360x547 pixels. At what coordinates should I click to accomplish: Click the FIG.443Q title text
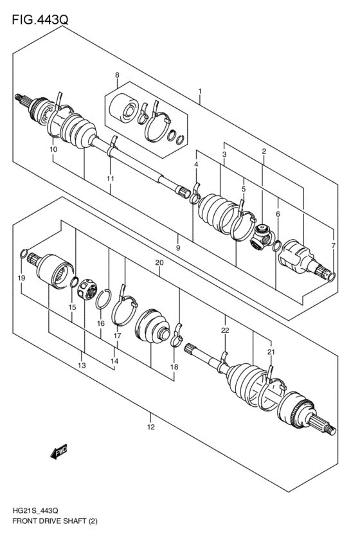40,21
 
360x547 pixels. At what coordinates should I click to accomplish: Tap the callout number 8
116,76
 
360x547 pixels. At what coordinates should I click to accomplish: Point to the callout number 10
53,150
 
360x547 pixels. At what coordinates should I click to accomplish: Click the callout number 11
110,178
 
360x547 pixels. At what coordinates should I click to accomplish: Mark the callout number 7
332,246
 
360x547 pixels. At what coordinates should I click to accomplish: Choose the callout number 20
159,263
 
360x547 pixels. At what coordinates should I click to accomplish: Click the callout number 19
21,278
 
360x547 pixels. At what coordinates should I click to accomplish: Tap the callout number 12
150,426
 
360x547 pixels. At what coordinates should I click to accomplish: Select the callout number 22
225,330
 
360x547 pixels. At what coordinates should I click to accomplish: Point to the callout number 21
270,352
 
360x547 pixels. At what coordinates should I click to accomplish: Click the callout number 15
72,308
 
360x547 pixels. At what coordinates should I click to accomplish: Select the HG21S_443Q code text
32,509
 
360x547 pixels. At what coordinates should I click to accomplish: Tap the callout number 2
264,151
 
